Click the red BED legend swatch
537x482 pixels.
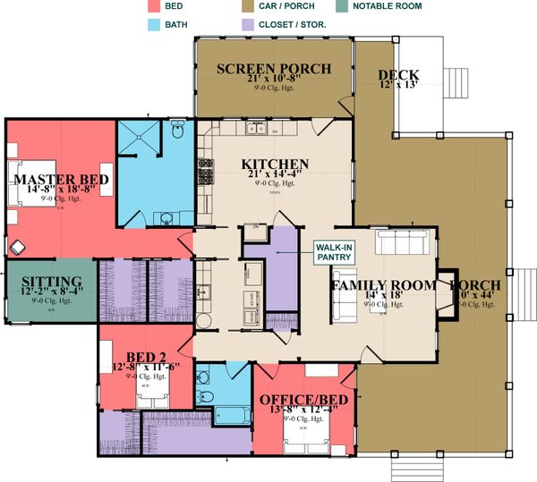click(x=155, y=6)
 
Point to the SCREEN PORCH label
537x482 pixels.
click(x=274, y=69)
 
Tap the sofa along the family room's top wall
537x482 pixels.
click(x=405, y=242)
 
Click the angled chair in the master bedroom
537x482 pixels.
click(x=18, y=244)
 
